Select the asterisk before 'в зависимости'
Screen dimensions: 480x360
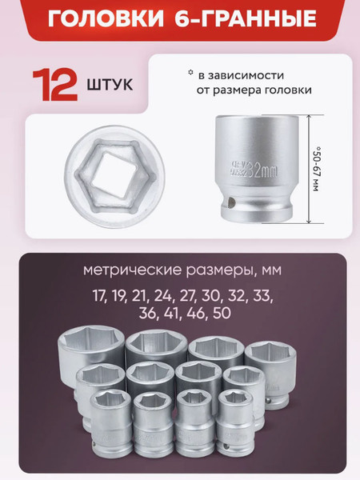pyautogui.click(x=190, y=73)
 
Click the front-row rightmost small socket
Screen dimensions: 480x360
pyautogui.click(x=235, y=419)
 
